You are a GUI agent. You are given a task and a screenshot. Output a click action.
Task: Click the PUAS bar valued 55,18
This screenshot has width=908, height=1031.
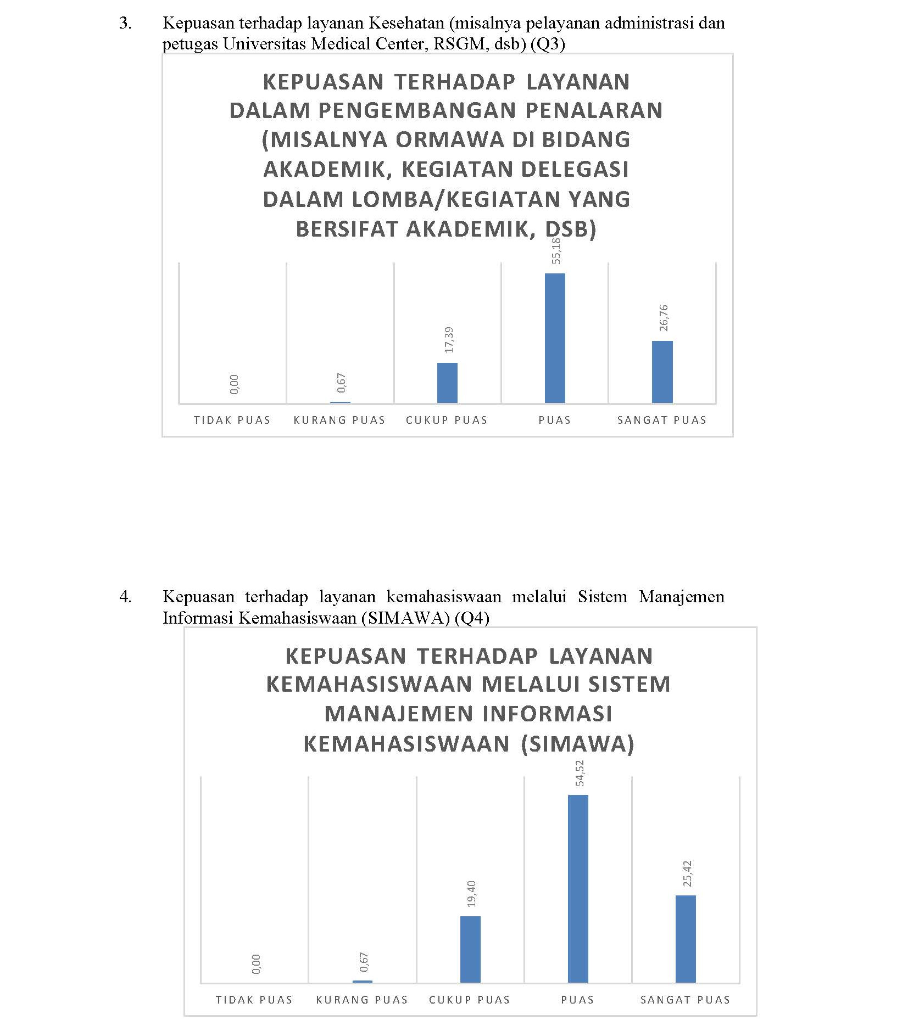point(554,338)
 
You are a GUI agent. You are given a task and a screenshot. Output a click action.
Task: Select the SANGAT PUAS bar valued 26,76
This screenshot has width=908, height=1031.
point(662,372)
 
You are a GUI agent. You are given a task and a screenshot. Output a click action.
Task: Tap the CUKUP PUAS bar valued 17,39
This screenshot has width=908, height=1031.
point(447,383)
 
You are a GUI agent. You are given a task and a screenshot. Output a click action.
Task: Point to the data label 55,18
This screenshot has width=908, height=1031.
point(556,250)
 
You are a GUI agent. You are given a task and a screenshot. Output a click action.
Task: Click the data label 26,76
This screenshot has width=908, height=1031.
point(664,318)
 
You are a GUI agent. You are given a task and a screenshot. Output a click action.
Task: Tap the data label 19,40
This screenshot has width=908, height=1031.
point(471,894)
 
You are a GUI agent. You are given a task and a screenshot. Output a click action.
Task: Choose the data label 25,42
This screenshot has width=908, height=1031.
point(687,873)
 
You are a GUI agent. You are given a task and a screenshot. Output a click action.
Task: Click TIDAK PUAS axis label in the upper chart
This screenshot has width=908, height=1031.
point(232,421)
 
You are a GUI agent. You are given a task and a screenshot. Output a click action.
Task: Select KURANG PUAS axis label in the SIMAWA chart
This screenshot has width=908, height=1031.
point(362,1000)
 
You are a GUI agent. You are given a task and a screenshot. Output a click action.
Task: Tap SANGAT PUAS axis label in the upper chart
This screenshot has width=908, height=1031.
point(662,421)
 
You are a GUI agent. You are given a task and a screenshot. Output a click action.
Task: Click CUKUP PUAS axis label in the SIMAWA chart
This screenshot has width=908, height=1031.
point(470,1000)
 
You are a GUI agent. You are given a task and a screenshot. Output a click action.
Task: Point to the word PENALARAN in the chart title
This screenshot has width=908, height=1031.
point(594,111)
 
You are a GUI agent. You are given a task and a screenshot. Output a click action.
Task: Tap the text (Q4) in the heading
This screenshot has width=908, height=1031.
point(472,618)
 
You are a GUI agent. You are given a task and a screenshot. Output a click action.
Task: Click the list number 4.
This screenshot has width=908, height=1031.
point(125,597)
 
